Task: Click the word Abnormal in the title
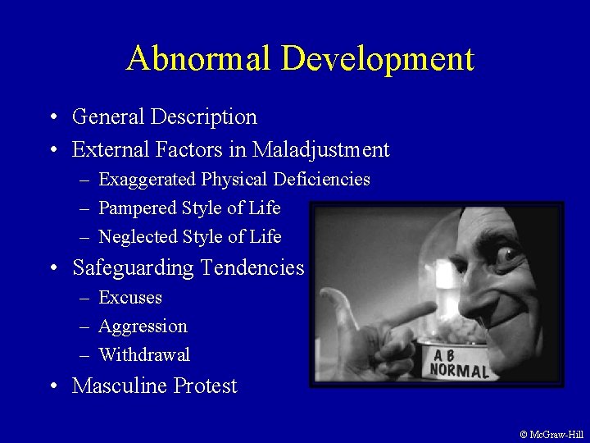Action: [199, 59]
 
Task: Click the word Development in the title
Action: [378, 59]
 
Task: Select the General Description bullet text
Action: [165, 117]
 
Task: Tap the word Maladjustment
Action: [321, 150]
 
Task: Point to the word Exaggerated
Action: [147, 180]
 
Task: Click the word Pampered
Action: [135, 208]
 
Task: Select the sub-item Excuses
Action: [130, 298]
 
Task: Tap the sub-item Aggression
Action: [143, 327]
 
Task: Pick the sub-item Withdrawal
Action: [144, 355]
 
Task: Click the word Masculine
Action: [120, 386]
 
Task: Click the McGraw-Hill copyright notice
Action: [551, 435]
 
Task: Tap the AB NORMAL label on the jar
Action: [459, 363]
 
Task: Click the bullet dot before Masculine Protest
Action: [52, 386]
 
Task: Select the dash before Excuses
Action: [85, 298]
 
